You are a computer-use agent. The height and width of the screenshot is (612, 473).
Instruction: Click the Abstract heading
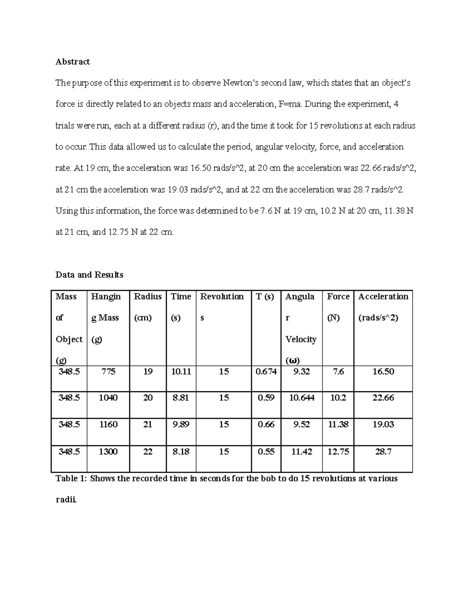coord(73,61)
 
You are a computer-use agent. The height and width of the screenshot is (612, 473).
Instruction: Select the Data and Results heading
coord(89,275)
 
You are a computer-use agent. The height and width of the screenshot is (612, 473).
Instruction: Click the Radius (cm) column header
coord(148,307)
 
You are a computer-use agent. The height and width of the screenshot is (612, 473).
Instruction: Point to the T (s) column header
coord(265,296)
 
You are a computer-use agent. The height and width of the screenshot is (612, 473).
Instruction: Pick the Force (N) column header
coord(338,307)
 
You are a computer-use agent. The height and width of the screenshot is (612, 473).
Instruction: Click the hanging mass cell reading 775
coord(108,371)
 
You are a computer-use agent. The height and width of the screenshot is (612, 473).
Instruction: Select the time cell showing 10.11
coord(181,371)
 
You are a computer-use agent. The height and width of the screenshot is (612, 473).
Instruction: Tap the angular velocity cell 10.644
coord(302,398)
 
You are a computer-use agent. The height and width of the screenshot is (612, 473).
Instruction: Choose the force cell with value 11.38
coord(338,424)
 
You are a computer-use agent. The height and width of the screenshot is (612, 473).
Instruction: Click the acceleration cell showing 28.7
coord(383,452)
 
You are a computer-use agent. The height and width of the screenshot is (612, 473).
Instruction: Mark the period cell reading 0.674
coord(266,371)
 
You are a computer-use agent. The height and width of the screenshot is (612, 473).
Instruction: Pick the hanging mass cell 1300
coord(108,452)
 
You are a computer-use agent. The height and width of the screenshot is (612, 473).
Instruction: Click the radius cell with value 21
coord(147,424)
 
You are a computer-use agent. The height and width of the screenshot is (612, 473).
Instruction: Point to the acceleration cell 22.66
coord(383,398)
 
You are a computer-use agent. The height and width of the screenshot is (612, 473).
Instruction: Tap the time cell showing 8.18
coord(181,452)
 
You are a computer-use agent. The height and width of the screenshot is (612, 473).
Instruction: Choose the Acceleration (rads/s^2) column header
coord(383,307)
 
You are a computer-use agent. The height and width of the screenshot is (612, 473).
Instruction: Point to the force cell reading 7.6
coord(338,371)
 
